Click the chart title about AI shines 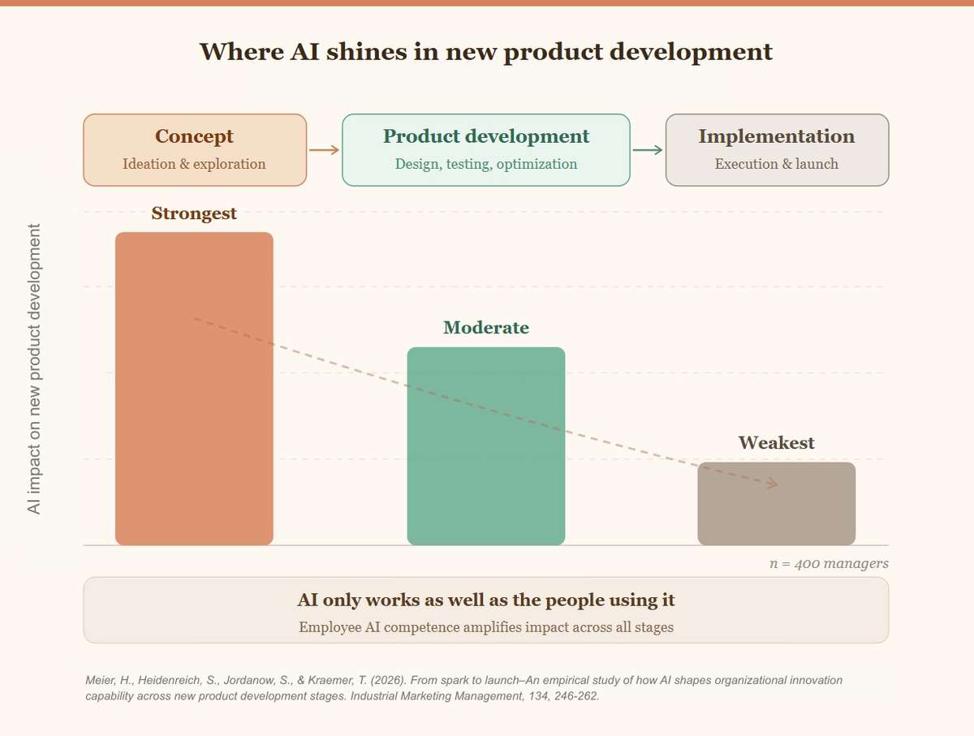point(485,51)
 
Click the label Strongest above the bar point(194,213)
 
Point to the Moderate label point(485,328)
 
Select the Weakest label point(776,443)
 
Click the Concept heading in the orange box point(194,136)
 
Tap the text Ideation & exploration point(194,164)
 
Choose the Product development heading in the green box point(485,136)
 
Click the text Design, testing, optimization point(485,164)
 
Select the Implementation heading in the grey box point(776,136)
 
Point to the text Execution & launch point(776,164)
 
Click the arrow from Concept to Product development point(324,149)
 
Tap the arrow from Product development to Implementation point(648,149)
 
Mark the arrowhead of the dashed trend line point(772,484)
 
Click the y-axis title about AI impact point(34,369)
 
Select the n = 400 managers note point(828,563)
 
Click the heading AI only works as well point(485,600)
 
